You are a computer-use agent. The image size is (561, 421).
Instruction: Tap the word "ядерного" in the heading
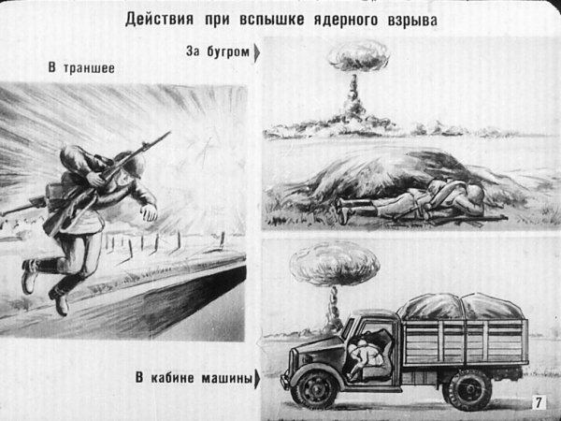pos(348,21)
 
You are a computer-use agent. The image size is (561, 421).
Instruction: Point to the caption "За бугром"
pos(219,52)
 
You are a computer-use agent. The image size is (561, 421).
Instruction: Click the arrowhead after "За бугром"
pos(257,53)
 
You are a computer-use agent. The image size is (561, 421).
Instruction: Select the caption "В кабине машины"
pos(194,378)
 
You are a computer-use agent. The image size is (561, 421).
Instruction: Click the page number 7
pos(539,403)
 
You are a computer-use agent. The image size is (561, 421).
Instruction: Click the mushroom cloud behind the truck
pos(313,266)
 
